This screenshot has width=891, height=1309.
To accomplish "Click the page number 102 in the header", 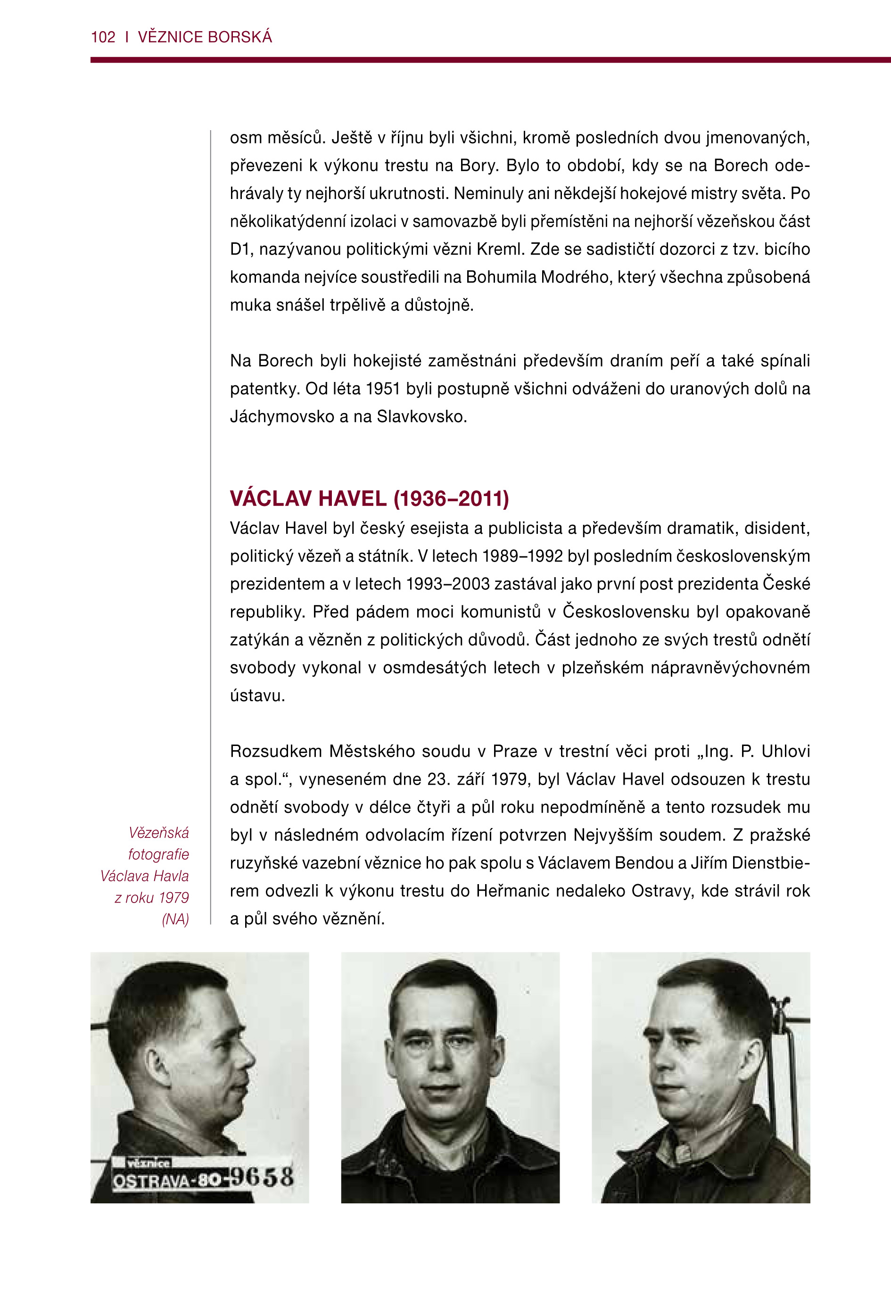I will point(103,37).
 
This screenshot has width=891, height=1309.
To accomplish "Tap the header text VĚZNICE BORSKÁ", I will point(205,37).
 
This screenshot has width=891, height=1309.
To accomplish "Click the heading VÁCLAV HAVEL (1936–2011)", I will point(369,498).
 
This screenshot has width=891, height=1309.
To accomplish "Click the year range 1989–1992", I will point(521,556).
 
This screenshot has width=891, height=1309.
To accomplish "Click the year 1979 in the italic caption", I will point(173,897).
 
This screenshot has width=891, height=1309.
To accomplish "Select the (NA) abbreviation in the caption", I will point(175,919).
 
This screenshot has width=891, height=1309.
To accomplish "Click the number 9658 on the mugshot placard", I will point(263,1176).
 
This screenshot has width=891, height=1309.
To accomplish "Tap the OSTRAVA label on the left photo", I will point(151,1180).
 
